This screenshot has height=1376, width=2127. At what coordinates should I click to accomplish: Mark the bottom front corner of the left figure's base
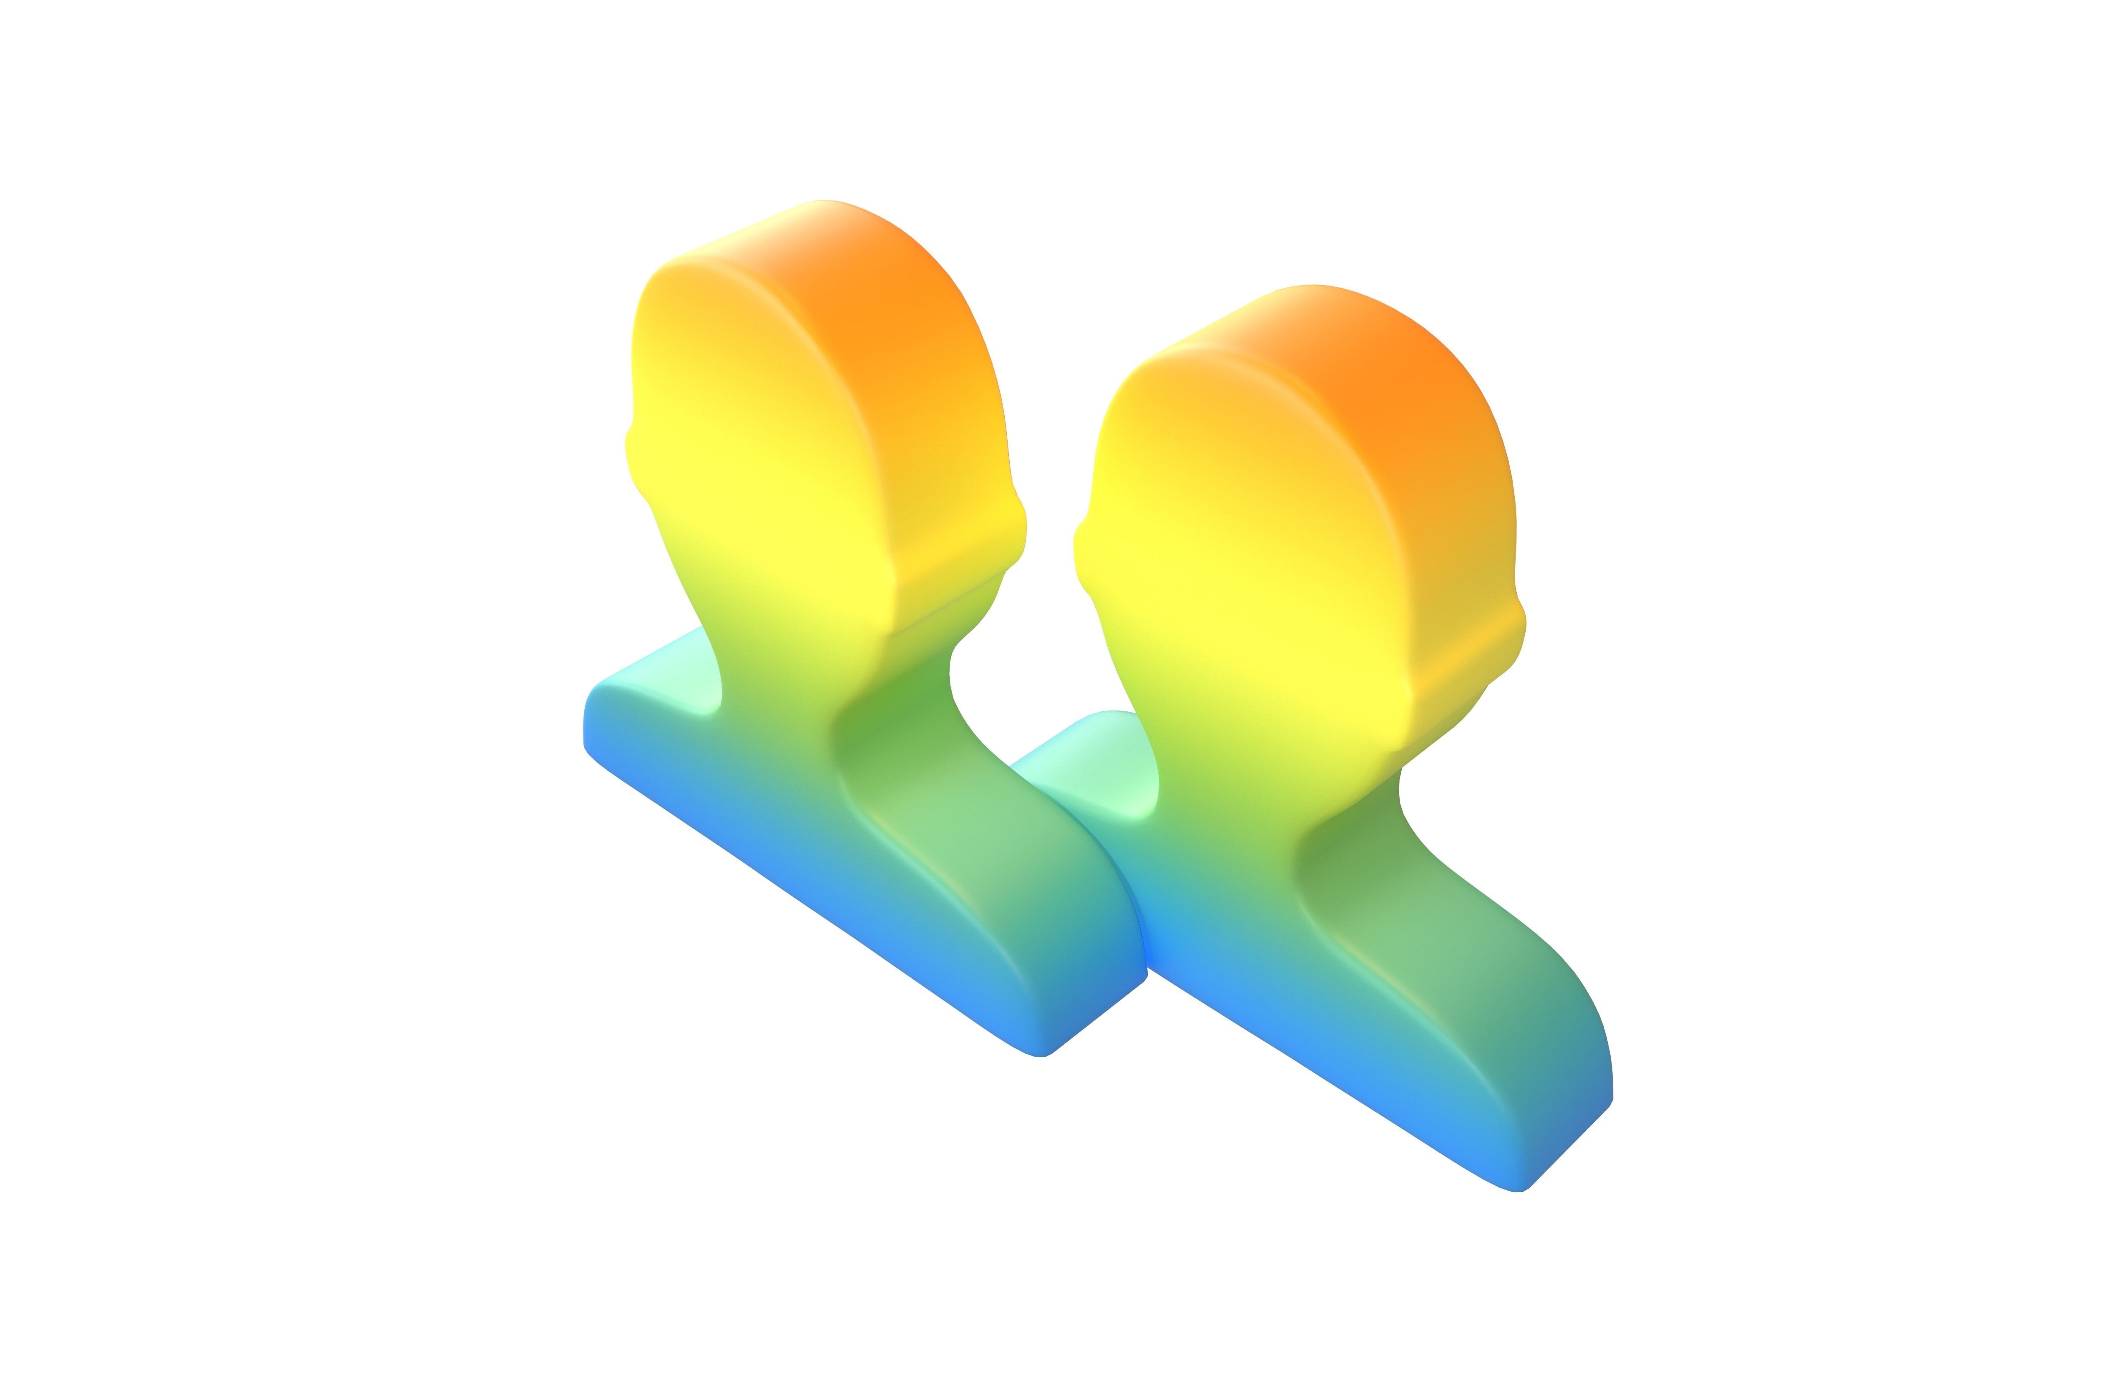click(x=1041, y=1055)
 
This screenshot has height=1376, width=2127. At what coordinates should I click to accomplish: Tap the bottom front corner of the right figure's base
click(x=1519, y=1188)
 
